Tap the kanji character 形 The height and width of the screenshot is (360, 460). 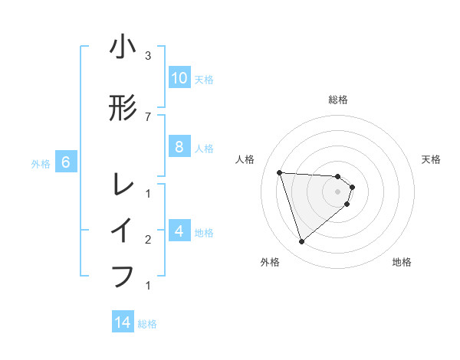123,110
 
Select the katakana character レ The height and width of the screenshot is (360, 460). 123,184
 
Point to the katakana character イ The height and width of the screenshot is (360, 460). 123,231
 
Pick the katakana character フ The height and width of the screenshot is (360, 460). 123,275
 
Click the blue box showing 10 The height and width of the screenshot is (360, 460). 179,78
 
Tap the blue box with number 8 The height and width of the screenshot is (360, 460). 179,148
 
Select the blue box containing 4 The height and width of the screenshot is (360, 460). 179,231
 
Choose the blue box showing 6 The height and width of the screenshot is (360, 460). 66,162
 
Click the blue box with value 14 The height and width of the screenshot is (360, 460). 123,322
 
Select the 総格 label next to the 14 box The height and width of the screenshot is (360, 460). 147,324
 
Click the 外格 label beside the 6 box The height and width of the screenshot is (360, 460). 41,163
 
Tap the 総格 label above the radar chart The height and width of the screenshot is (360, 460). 337,100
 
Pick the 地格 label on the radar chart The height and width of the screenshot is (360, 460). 402,262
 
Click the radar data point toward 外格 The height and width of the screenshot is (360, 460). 302,242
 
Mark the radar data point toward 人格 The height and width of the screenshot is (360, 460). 279,172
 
